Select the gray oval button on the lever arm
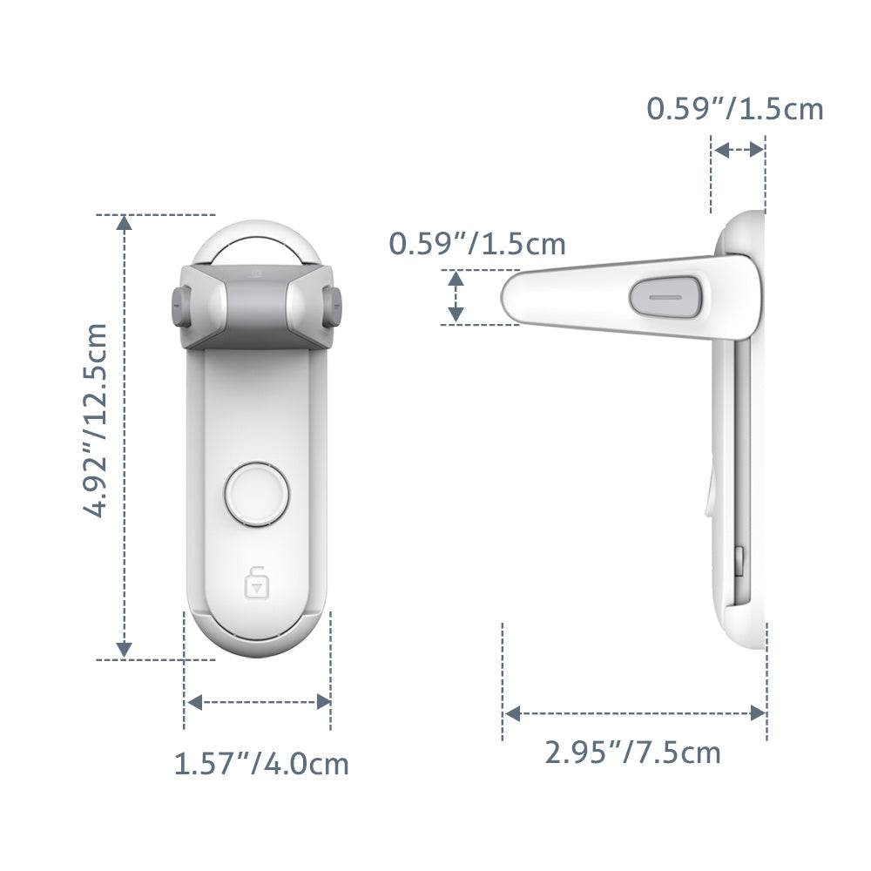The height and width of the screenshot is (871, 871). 666,297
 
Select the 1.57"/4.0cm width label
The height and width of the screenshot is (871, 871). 261,764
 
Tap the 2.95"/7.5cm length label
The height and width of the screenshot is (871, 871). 633,752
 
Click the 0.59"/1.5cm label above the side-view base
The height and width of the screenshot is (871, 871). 734,109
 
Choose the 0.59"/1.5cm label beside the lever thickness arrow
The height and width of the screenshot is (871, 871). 477,244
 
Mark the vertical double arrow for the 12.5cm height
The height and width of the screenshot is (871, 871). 125,435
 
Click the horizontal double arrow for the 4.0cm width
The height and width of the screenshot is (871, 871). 259,701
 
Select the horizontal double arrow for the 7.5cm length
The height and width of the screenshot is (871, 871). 634,713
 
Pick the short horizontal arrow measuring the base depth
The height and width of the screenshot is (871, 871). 738,150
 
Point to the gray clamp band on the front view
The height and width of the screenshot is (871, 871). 256,305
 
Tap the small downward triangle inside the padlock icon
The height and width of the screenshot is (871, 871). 256,588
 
